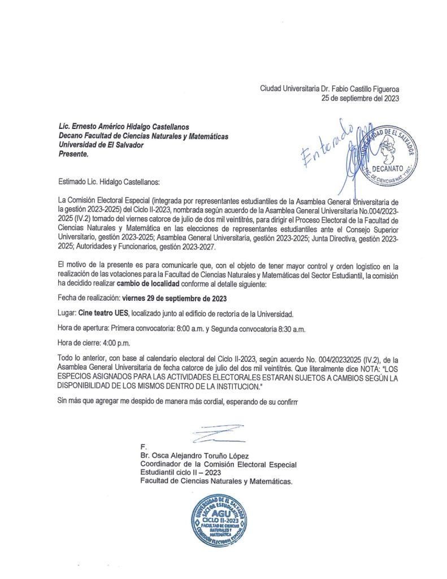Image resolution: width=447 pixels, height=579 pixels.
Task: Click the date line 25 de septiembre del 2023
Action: pos(360,98)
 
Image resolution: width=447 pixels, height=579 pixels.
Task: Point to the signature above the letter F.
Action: pos(218,433)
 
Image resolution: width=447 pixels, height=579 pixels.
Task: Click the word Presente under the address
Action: pos(73,154)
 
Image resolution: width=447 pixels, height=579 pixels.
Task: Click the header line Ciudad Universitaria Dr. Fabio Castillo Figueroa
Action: pos(329,88)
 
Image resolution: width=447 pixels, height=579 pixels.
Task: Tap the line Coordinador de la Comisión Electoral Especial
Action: pos(219,464)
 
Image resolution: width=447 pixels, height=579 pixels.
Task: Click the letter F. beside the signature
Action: pos(144,447)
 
